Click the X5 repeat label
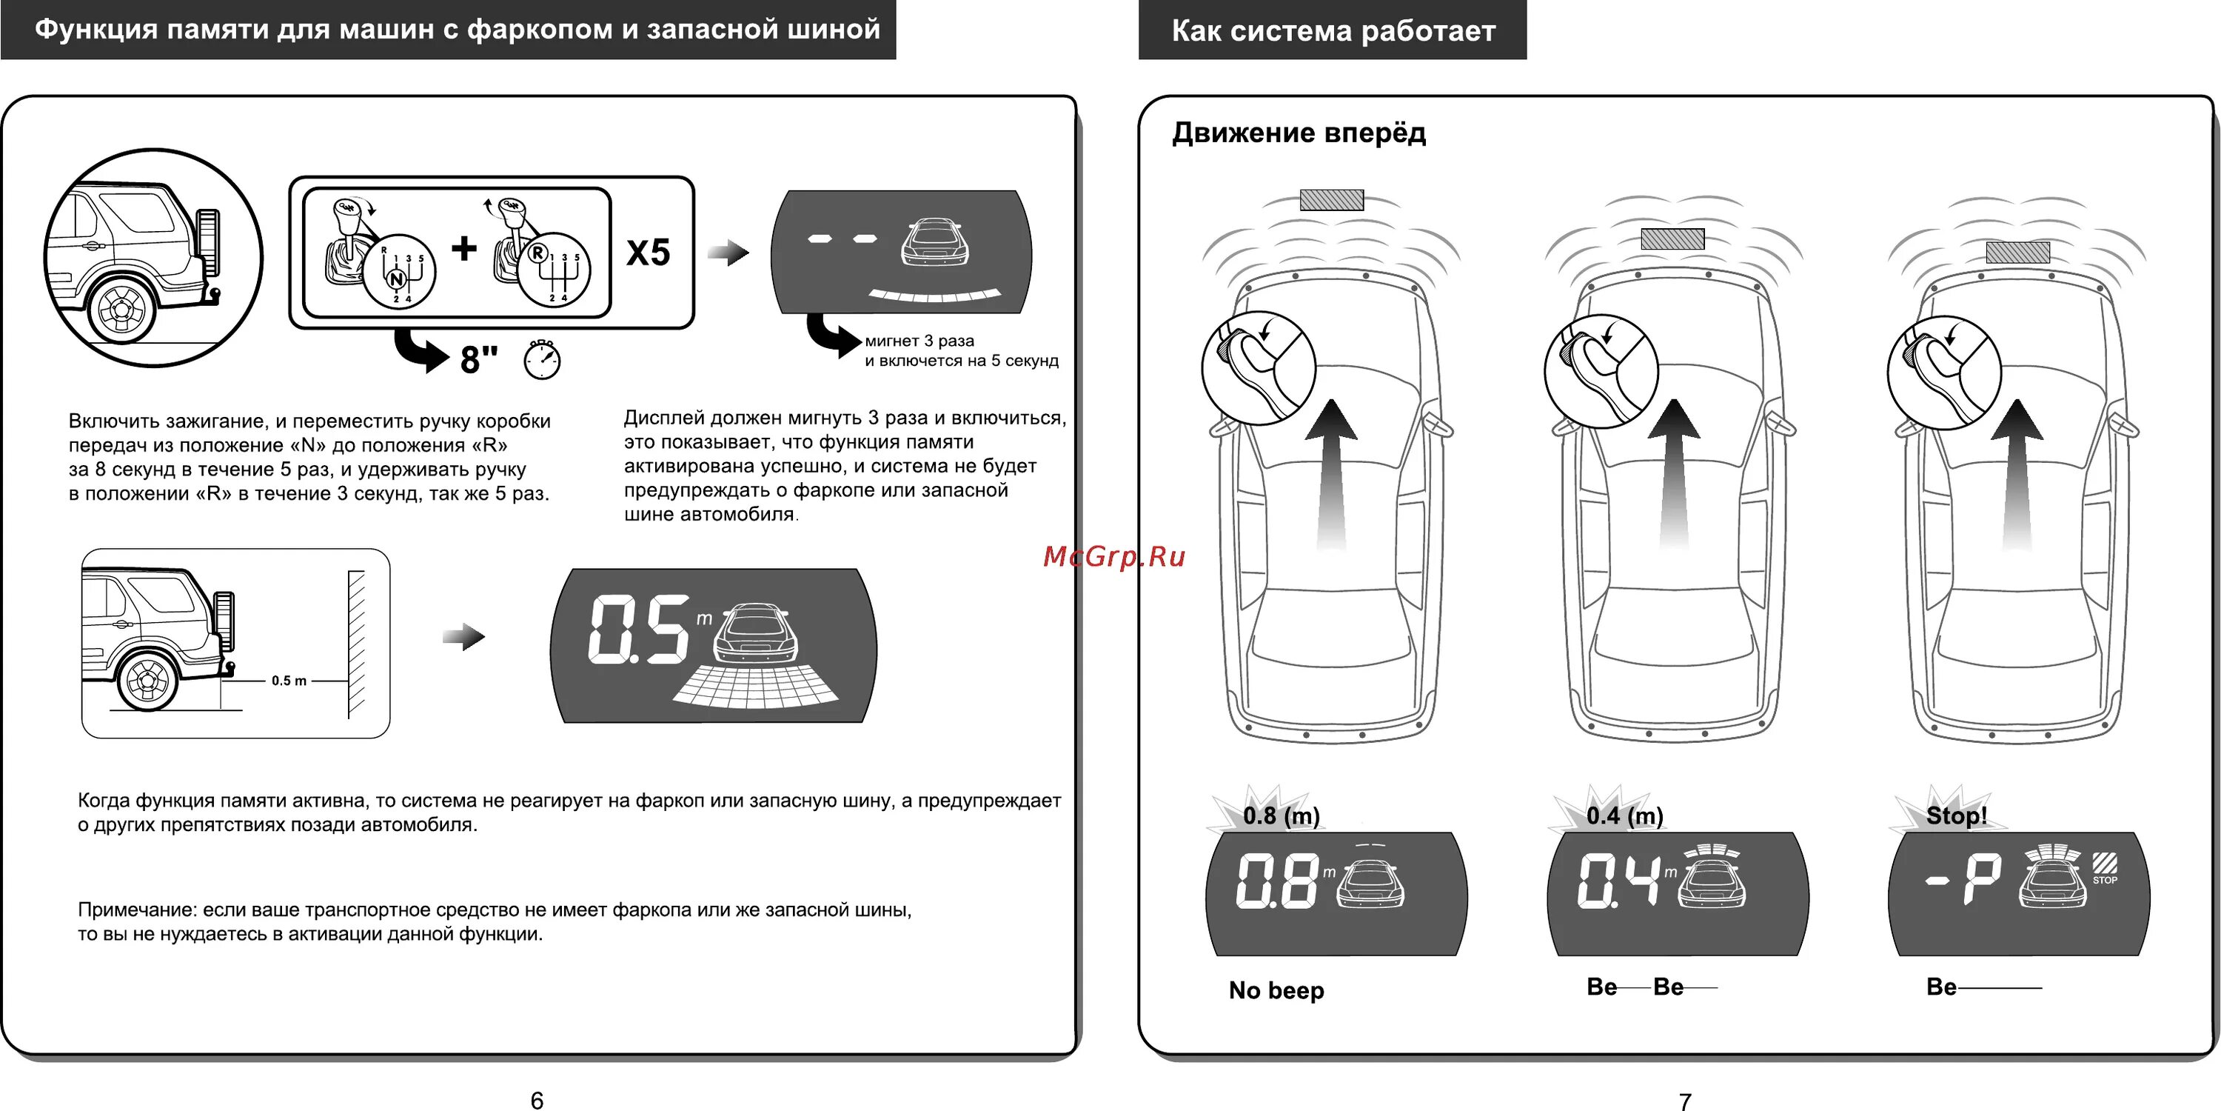coord(648,253)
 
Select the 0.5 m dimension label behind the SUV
coord(289,681)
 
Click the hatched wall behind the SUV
coord(356,644)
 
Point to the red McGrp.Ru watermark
coord(1114,557)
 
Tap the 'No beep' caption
coord(1276,990)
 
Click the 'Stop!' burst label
coord(1955,815)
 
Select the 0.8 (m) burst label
coord(1280,815)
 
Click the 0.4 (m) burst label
coord(1624,815)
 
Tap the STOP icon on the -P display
coord(2105,867)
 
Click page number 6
coord(536,1100)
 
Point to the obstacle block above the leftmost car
coord(1331,200)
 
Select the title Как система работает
coord(1333,31)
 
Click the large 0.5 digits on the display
coord(639,630)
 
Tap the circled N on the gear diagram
coord(397,279)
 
